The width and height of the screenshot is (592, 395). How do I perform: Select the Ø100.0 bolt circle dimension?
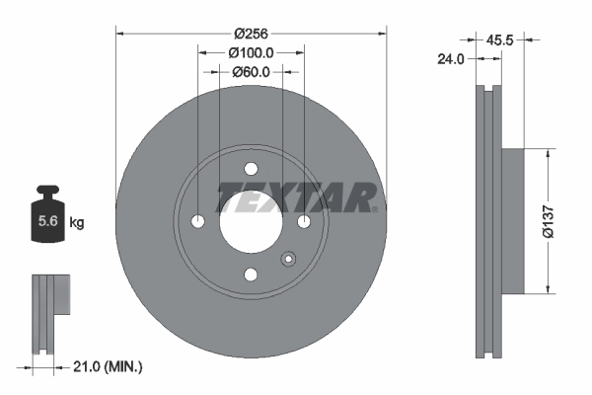coord(251,51)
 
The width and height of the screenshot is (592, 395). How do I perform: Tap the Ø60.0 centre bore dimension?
coord(251,71)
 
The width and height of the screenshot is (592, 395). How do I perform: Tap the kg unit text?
coord(77,223)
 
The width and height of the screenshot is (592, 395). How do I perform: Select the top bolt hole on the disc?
coord(251,168)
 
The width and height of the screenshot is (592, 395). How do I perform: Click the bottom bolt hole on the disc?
coord(251,275)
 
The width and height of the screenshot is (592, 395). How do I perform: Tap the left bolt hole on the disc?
coord(197,221)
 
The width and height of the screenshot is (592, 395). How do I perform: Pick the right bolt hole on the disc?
coord(304,221)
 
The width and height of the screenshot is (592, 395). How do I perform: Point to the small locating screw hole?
coord(288,260)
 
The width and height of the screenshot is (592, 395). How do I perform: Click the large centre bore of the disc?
coord(251,221)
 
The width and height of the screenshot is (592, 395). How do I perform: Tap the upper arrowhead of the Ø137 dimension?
coord(548,154)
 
